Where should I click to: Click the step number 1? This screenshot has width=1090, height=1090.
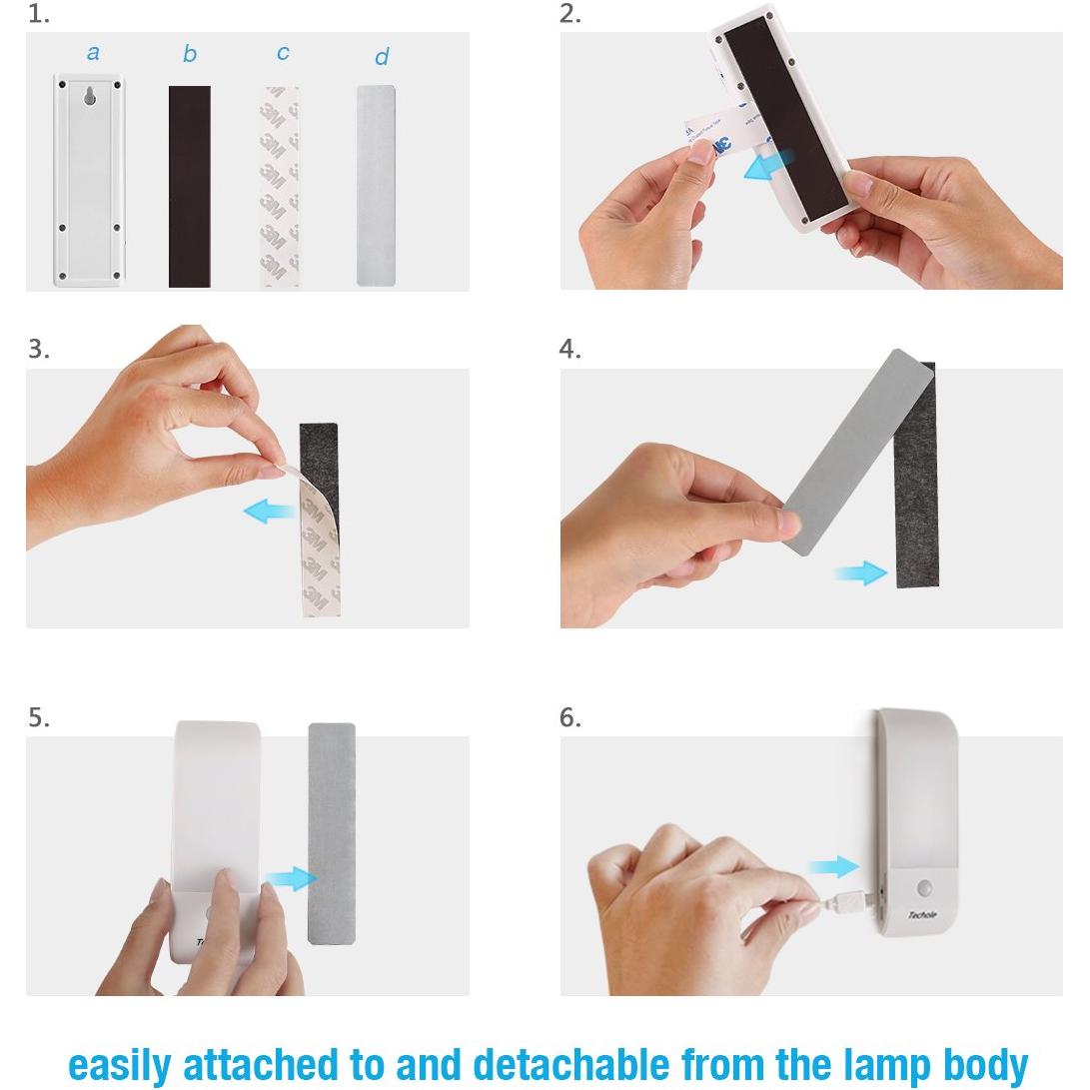click(37, 14)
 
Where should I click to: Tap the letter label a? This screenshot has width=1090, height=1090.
click(93, 52)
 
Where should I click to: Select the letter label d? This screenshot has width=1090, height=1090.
click(381, 57)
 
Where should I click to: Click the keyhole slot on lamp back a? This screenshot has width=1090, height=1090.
click(90, 98)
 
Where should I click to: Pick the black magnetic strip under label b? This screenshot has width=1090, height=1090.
click(189, 187)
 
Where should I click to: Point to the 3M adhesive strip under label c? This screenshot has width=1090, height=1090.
click(280, 187)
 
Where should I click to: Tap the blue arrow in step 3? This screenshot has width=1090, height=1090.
click(270, 513)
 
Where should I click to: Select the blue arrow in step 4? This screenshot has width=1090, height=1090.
click(861, 572)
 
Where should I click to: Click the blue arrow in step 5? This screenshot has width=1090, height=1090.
click(291, 879)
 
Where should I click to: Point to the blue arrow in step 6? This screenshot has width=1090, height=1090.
click(833, 866)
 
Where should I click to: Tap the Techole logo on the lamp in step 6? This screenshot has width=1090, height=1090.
click(922, 914)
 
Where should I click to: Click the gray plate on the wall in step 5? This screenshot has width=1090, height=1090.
click(332, 834)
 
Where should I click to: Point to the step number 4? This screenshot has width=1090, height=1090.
click(569, 350)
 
